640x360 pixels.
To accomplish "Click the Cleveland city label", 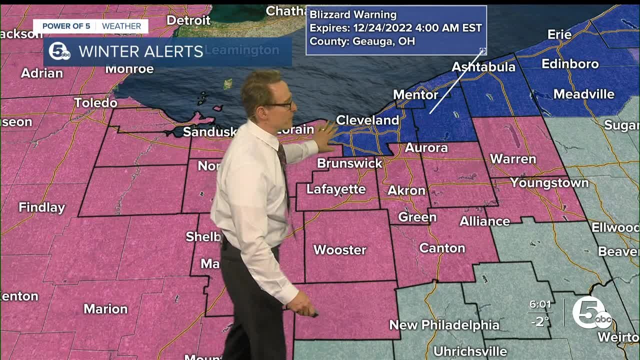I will click(x=367, y=120).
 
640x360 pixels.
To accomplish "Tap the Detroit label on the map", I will click(x=188, y=20).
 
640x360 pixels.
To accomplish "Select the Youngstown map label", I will click(x=549, y=183).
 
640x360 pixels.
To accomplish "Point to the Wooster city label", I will click(x=339, y=250).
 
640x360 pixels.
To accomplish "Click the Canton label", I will click(x=442, y=248).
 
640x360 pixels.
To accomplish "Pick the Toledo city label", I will click(x=95, y=103).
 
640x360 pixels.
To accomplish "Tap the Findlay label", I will click(x=42, y=207).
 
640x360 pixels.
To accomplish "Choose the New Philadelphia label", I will click(x=444, y=325).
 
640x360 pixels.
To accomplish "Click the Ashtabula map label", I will click(x=483, y=67).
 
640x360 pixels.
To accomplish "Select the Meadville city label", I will click(x=583, y=94).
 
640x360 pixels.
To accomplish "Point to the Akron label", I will click(x=406, y=190).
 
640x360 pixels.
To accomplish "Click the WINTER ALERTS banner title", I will click(x=140, y=51).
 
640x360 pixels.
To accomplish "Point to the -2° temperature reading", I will click(x=539, y=321).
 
